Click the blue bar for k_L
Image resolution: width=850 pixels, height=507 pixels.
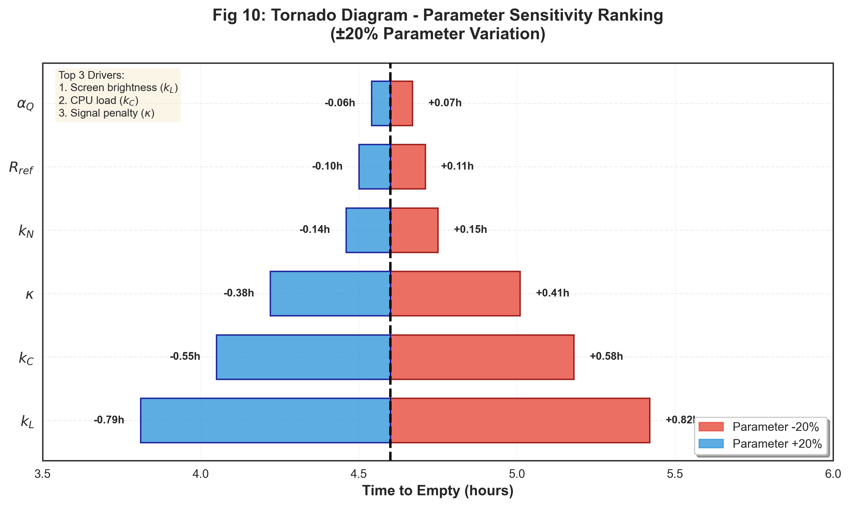click(265, 420)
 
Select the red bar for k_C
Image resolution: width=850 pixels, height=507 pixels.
click(482, 357)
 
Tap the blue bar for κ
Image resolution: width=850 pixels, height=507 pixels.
click(330, 294)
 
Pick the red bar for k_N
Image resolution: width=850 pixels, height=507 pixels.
click(414, 230)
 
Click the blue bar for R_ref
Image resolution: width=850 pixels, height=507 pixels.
click(374, 167)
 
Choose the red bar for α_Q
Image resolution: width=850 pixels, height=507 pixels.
click(402, 103)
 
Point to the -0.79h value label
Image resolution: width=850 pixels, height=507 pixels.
click(109, 420)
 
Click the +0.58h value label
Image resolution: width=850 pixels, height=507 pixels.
click(606, 356)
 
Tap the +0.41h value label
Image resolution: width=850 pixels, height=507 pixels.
click(552, 293)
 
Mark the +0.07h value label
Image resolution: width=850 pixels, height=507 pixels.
click(445, 103)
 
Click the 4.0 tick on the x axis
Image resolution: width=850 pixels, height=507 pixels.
click(201, 475)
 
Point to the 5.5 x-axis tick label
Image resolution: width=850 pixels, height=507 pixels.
click(675, 475)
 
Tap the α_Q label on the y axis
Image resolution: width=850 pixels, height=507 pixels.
click(25, 104)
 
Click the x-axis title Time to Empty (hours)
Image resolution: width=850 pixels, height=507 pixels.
click(438, 491)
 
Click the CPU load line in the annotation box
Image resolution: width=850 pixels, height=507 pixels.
click(98, 101)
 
